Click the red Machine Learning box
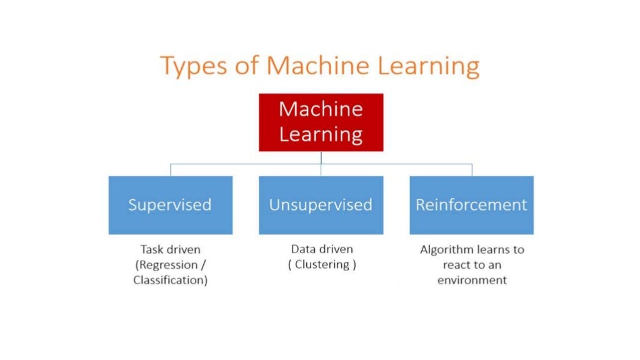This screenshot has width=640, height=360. (x=321, y=122)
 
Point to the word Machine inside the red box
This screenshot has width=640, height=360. (x=321, y=109)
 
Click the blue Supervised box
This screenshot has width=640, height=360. (x=170, y=205)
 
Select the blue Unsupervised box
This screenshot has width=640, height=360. (x=321, y=205)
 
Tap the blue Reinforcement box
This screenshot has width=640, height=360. (x=471, y=205)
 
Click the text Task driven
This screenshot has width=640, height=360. (x=170, y=249)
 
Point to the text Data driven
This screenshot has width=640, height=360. (x=322, y=249)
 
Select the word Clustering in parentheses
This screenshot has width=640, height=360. (x=322, y=264)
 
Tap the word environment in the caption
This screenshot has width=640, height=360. (x=472, y=280)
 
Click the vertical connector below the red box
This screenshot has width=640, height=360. (x=321, y=157)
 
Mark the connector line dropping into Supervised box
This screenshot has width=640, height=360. (x=171, y=170)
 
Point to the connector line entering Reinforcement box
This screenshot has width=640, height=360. (x=472, y=170)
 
